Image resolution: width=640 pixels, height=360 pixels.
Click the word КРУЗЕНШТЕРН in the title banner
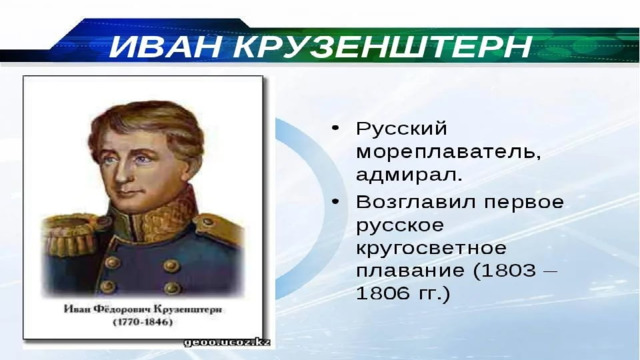click(x=382, y=47)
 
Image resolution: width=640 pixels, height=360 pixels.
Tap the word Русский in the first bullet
click(x=401, y=129)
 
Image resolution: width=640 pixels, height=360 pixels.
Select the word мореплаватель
click(x=448, y=152)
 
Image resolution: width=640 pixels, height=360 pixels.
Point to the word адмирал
click(x=409, y=174)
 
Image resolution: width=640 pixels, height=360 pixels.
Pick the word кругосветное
click(x=431, y=249)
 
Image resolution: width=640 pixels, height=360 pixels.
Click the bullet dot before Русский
click(x=336, y=128)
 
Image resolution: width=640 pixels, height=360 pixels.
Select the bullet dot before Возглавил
click(x=336, y=201)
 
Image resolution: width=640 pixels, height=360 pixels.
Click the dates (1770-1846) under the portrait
click(x=142, y=322)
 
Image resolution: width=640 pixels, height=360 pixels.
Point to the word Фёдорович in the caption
click(x=121, y=309)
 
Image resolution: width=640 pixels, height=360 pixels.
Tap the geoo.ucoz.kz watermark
click(x=227, y=342)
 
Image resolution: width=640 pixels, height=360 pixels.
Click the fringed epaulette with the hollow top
click(x=71, y=233)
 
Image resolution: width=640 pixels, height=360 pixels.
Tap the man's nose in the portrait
click(x=121, y=173)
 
